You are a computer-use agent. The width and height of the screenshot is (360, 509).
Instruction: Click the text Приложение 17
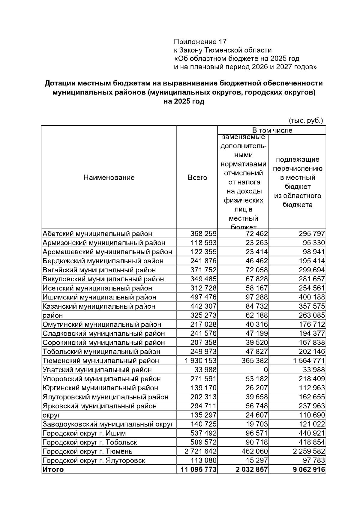pyautogui.click(x=200, y=41)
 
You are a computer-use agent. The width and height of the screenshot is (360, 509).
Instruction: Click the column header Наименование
pyautogui.click(x=109, y=177)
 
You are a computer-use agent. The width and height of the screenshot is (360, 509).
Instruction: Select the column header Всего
pyautogui.click(x=197, y=177)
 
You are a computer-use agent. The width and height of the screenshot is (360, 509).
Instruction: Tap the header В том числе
pyautogui.click(x=272, y=130)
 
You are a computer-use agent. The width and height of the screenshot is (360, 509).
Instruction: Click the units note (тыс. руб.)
pyautogui.click(x=306, y=121)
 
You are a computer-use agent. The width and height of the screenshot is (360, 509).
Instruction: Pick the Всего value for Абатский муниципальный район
pyautogui.click(x=203, y=234)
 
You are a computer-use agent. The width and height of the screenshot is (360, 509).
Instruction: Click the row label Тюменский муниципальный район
pyautogui.click(x=101, y=361)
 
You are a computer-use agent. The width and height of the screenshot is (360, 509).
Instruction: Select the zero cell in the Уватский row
pyautogui.click(x=266, y=370)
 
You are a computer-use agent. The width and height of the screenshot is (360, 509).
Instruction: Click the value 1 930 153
pyautogui.click(x=199, y=361)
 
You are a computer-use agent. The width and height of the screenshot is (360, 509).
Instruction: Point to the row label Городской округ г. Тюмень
pyautogui.click(x=88, y=451)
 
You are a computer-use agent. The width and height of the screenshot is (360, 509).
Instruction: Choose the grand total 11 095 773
pyautogui.click(x=199, y=469)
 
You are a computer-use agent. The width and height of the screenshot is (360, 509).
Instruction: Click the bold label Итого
pyautogui.click(x=53, y=469)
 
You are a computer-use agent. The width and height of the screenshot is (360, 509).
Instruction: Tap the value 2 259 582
pyautogui.click(x=309, y=451)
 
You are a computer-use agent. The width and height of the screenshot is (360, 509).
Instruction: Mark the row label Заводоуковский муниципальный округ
pyautogui.click(x=108, y=424)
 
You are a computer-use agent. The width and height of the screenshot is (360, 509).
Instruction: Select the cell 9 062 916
pyautogui.click(x=309, y=469)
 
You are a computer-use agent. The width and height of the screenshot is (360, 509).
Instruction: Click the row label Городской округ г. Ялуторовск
pyautogui.click(x=94, y=460)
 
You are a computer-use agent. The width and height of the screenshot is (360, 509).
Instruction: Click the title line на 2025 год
pyautogui.click(x=184, y=101)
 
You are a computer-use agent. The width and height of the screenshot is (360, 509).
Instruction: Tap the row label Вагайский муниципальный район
pyautogui.click(x=99, y=270)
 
